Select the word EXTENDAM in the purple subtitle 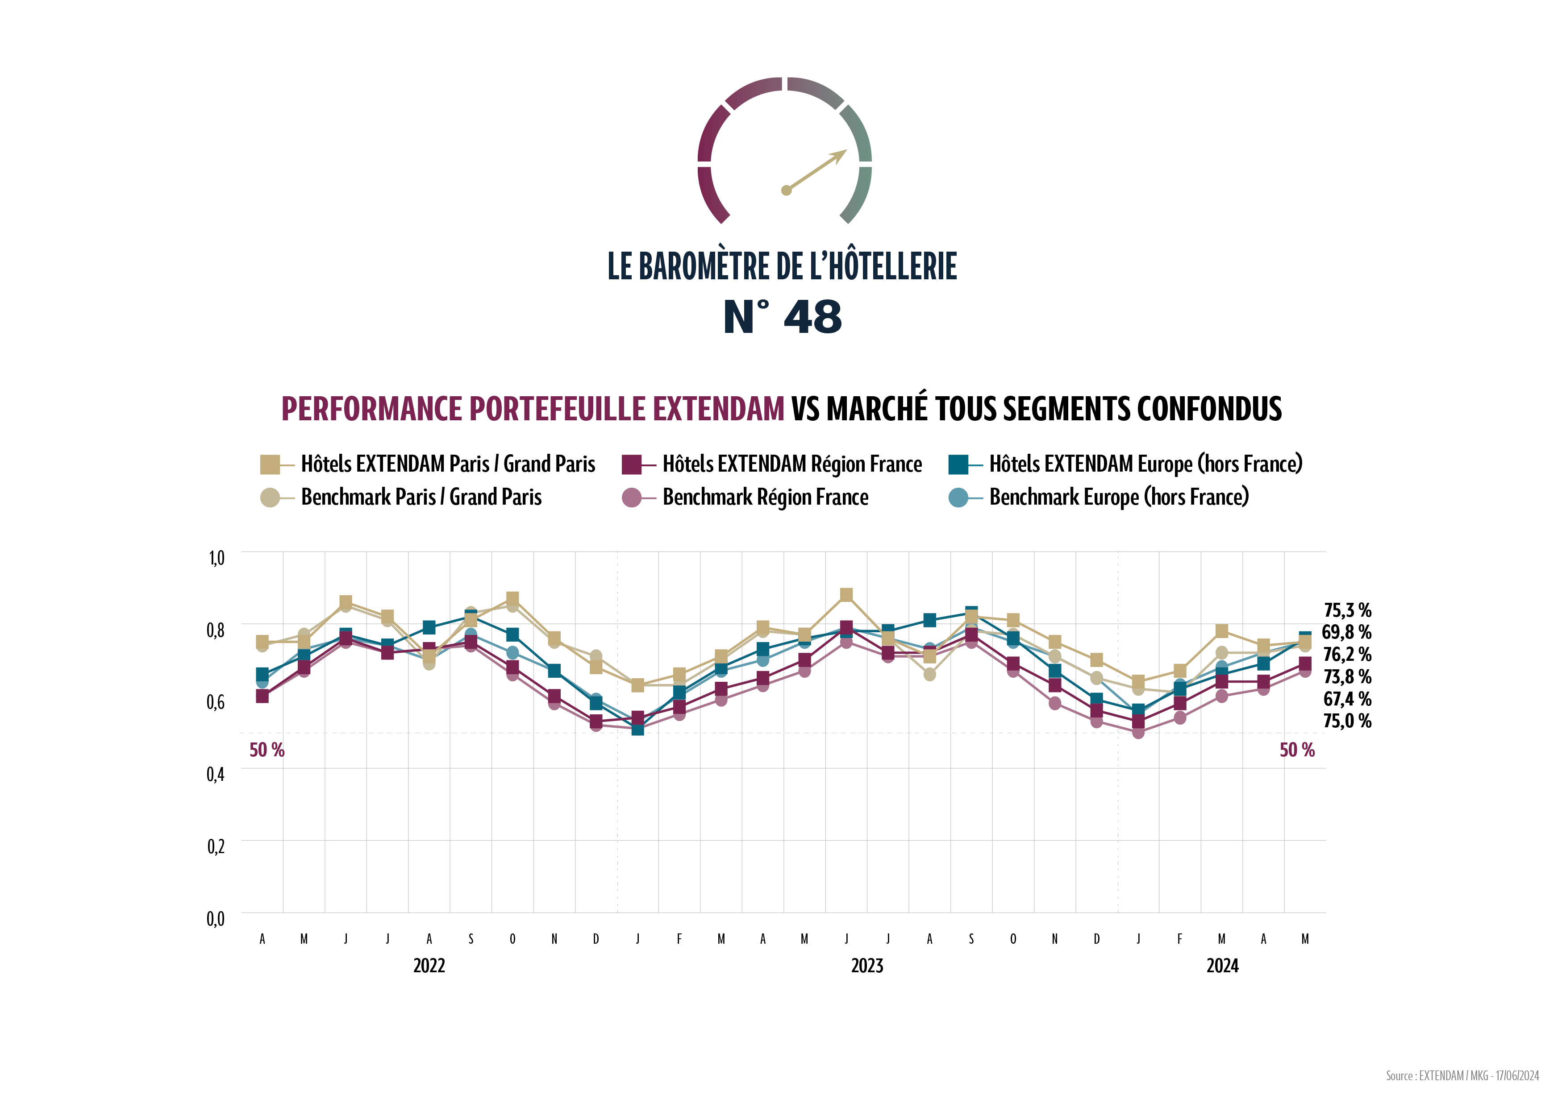tap(718, 409)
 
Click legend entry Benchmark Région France tap(765, 498)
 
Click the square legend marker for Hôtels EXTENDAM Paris tap(270, 465)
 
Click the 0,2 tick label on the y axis tap(216, 846)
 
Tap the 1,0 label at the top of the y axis tap(216, 558)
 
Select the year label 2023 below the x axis tap(867, 966)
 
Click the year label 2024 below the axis tap(1222, 966)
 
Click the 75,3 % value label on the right tap(1347, 610)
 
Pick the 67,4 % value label tap(1347, 699)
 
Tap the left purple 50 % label tap(267, 750)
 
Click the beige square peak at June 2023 tap(846, 595)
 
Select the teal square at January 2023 tap(638, 729)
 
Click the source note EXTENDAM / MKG tap(1462, 1076)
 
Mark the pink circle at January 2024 tap(1138, 733)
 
